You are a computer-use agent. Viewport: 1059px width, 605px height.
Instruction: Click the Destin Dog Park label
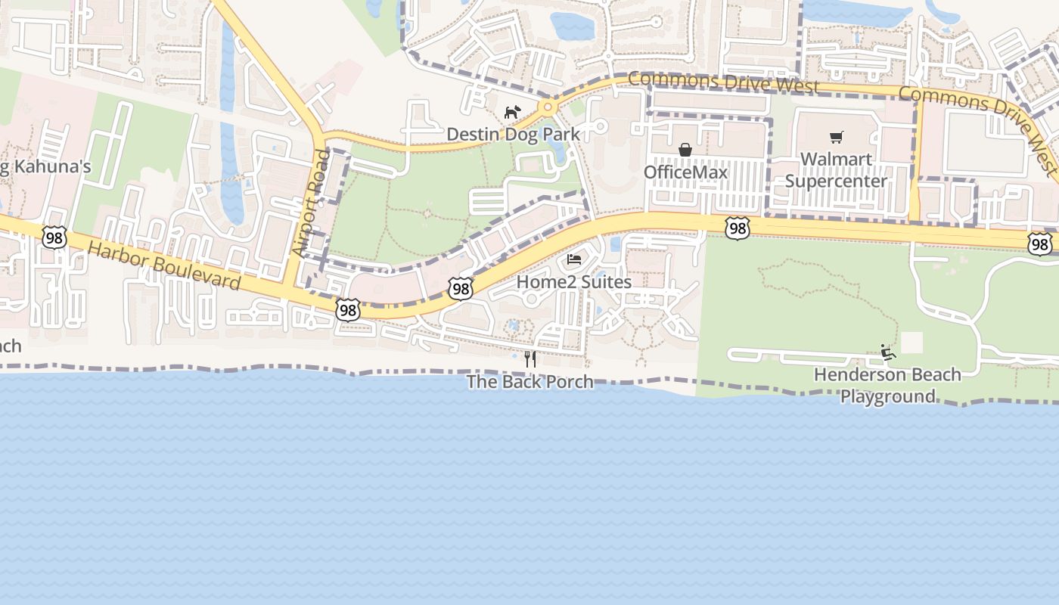513,135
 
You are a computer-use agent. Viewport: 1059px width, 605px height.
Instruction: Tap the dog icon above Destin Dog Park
513,113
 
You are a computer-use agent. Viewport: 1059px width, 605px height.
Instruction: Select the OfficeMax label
685,172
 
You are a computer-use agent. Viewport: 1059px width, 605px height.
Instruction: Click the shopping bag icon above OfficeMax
685,150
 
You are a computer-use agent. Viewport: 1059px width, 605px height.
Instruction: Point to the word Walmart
836,160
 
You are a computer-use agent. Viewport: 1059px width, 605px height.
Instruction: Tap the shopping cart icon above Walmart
836,137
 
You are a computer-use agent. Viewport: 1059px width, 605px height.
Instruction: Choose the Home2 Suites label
573,282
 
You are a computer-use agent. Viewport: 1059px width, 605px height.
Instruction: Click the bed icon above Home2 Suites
574,259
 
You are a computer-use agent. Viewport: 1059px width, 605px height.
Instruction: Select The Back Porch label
529,382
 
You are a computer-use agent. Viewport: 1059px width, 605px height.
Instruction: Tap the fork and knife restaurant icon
530,358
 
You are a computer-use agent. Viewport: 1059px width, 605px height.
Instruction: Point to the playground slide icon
887,352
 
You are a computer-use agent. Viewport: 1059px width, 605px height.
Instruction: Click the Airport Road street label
311,202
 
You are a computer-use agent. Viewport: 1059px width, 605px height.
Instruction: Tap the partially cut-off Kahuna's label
45,167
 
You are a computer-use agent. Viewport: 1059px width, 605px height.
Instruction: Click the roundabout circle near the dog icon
548,108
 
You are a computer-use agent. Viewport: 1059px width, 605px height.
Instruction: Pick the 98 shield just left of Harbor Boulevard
54,237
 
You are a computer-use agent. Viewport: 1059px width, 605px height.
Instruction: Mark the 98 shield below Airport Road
347,309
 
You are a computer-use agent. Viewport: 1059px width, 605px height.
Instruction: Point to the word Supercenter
836,181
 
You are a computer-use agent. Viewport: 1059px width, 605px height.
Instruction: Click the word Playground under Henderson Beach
888,396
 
